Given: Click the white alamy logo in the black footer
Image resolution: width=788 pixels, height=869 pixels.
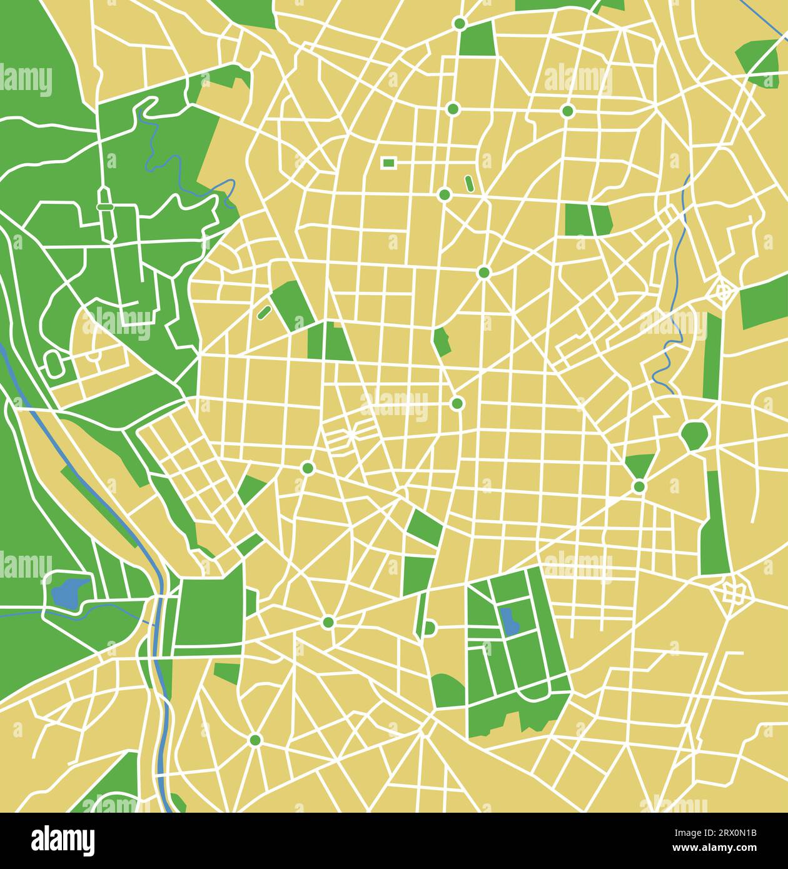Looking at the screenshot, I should (63, 840).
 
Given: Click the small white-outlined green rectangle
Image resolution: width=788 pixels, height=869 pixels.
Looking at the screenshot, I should (388, 163).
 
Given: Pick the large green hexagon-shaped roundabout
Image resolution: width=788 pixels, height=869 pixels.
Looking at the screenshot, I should (694, 435).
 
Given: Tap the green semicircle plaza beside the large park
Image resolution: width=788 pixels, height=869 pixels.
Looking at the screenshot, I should (429, 627).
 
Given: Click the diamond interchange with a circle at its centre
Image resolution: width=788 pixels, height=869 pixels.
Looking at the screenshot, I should (724, 290).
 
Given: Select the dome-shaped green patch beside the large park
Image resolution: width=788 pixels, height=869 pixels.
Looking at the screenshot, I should (448, 690).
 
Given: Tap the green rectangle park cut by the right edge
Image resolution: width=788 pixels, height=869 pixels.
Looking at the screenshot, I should (764, 308).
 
